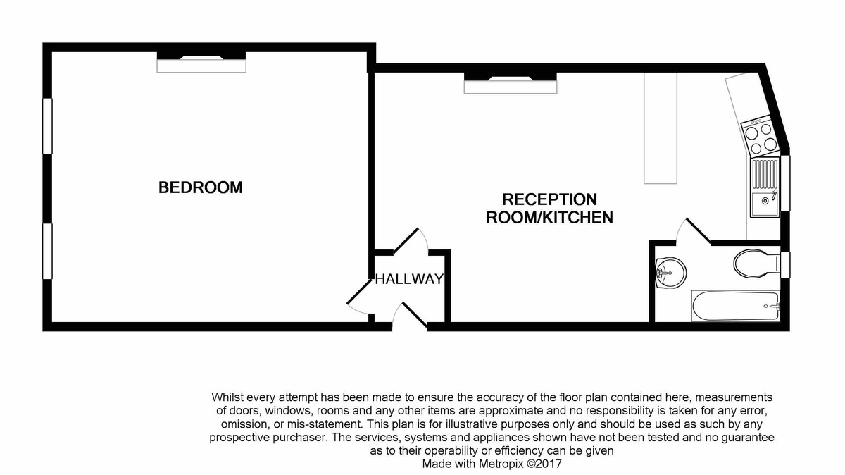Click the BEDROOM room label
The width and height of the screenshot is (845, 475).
pos(201,187)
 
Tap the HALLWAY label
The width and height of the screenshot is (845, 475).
pos(409,279)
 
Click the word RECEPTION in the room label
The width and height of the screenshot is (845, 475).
pos(549,199)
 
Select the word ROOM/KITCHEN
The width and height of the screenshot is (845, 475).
pos(549,218)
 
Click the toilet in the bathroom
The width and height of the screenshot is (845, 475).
pos(754,264)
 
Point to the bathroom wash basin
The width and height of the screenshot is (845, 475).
pos(670,271)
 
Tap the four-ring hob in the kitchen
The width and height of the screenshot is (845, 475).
pos(760,137)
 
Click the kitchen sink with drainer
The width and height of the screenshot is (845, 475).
pos(765,187)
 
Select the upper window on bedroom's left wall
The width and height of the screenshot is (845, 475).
pos(47,125)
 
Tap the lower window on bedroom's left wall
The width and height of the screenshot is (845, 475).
pos(47,252)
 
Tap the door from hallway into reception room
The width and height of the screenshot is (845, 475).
pos(412,241)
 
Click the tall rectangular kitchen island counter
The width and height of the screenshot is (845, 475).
pos(660,128)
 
